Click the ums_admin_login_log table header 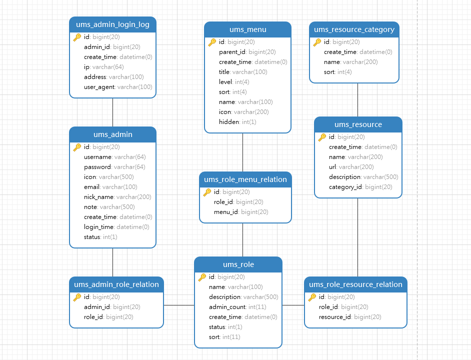(x=112, y=24)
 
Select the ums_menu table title (x=247, y=29)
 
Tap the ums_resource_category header (x=354, y=29)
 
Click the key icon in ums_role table (x=202, y=277)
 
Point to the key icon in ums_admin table (x=77, y=147)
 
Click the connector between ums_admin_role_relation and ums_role (x=179, y=305)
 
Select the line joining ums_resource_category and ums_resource (x=357, y=99)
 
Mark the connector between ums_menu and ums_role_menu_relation (x=242, y=152)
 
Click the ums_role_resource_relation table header (x=355, y=284)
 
